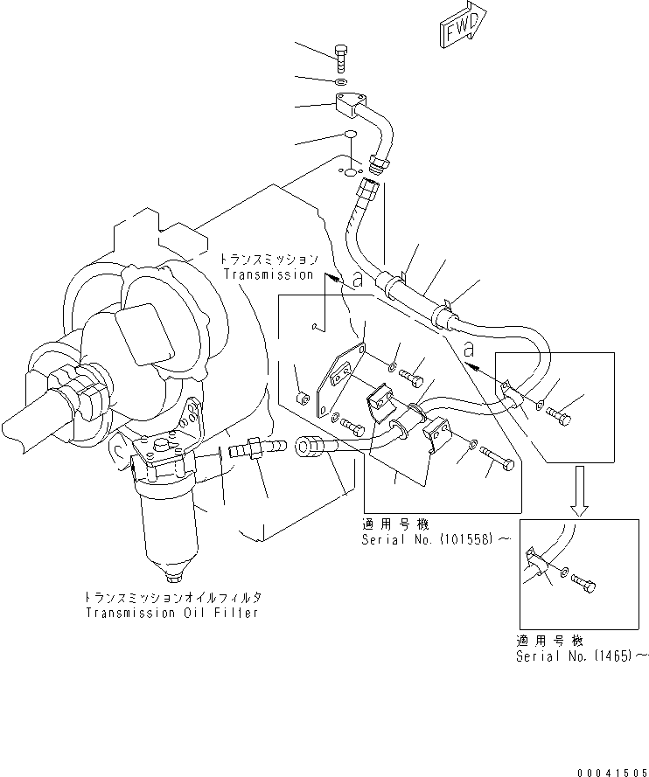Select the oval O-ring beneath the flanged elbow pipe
pos(348,135)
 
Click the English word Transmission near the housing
pos(268,274)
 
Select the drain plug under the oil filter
pos(172,576)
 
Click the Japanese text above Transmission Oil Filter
pos(173,597)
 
